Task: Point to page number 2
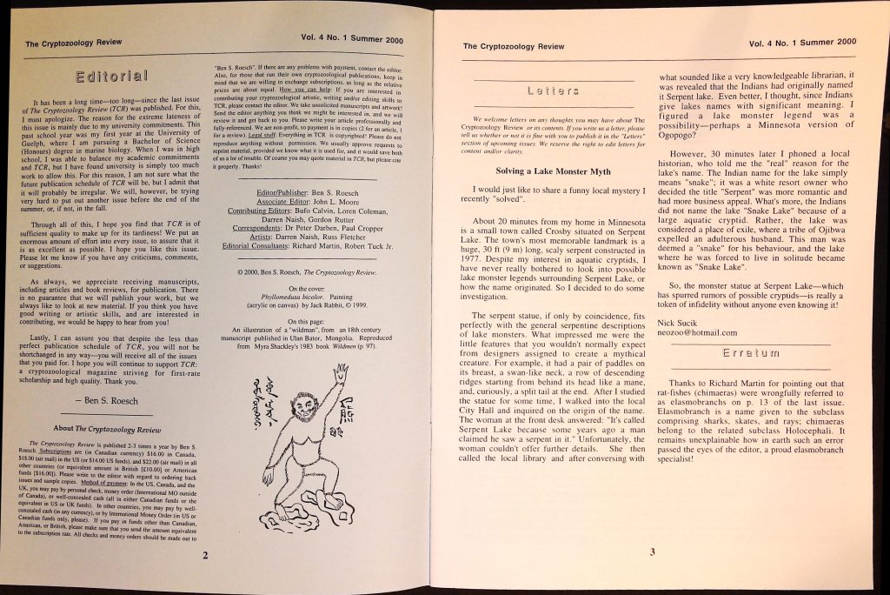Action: [204, 555]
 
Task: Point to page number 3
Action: [652, 552]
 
